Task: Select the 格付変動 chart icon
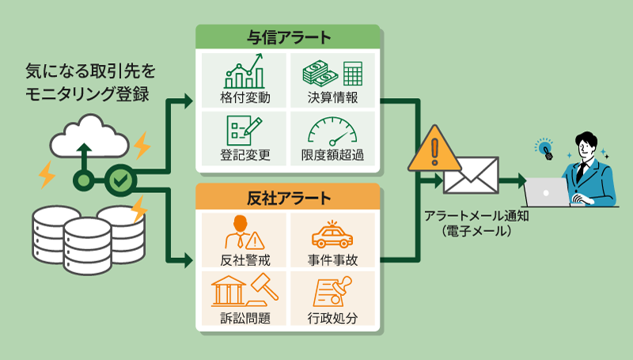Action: click(x=244, y=71)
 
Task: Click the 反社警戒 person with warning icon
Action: click(x=244, y=231)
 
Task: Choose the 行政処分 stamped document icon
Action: click(x=332, y=292)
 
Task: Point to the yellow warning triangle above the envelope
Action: click(x=434, y=148)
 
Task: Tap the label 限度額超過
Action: click(x=332, y=155)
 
